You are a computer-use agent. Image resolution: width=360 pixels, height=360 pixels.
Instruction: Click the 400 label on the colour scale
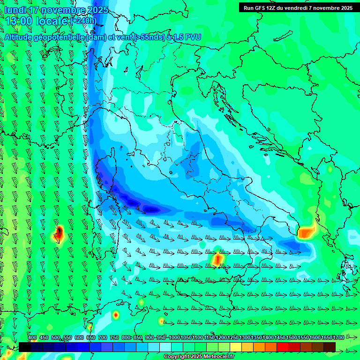32,338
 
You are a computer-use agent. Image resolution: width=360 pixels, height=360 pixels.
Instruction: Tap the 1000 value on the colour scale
174,338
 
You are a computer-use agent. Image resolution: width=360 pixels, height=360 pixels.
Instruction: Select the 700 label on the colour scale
102,338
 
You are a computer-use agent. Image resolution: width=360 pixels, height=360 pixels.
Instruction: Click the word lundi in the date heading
15,10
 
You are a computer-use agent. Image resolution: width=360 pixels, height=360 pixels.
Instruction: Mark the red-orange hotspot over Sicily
218,259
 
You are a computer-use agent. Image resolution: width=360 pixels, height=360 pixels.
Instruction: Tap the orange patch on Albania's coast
307,232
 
